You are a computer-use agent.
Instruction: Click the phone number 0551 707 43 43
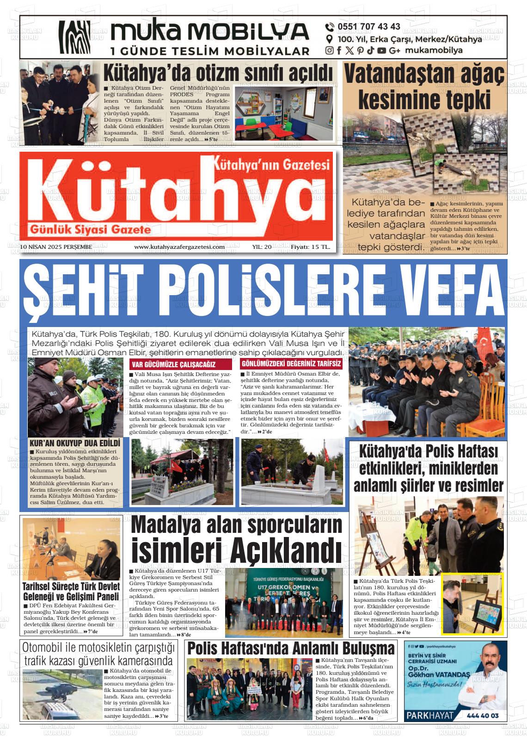(369, 27)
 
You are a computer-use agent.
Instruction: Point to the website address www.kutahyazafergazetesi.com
(179, 247)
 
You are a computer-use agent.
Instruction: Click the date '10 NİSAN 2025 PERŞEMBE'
(56, 247)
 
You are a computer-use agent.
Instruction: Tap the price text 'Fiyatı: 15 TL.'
(310, 247)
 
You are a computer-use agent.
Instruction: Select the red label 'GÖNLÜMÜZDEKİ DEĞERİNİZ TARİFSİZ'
(291, 364)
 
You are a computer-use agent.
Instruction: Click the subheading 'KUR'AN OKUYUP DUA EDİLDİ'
(74, 443)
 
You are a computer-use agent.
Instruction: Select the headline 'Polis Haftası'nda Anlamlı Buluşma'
(291, 648)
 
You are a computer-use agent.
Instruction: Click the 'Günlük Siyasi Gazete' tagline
(91, 229)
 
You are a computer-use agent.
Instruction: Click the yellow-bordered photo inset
(472, 604)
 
